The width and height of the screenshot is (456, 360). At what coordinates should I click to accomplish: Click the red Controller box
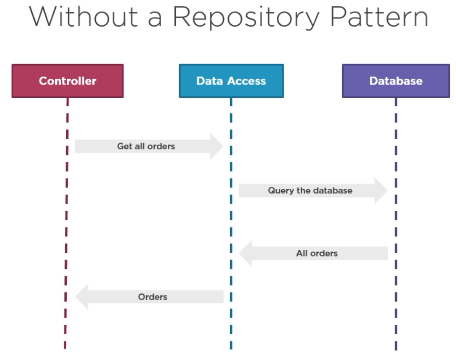(x=67, y=81)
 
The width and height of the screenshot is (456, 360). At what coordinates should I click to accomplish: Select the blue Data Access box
(x=231, y=81)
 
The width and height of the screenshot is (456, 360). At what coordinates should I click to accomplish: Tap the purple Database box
(x=395, y=81)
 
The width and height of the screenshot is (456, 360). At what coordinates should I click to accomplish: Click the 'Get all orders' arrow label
(x=146, y=146)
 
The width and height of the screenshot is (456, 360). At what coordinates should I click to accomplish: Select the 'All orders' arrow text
(x=317, y=254)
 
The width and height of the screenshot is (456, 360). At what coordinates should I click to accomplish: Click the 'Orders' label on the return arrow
(x=152, y=297)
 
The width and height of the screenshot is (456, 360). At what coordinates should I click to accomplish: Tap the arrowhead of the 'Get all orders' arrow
(x=217, y=146)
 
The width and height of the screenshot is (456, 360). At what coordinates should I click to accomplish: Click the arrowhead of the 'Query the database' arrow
(x=381, y=191)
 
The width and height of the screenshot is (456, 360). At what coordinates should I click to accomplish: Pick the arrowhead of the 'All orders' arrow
(x=245, y=254)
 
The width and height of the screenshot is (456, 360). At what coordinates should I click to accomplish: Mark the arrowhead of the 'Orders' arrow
(x=81, y=297)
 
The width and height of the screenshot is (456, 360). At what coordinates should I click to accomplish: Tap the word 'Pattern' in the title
(x=379, y=18)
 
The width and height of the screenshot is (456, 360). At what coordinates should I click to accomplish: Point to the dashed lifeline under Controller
(x=66, y=215)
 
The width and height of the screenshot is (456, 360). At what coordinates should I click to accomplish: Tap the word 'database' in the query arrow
(x=334, y=191)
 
